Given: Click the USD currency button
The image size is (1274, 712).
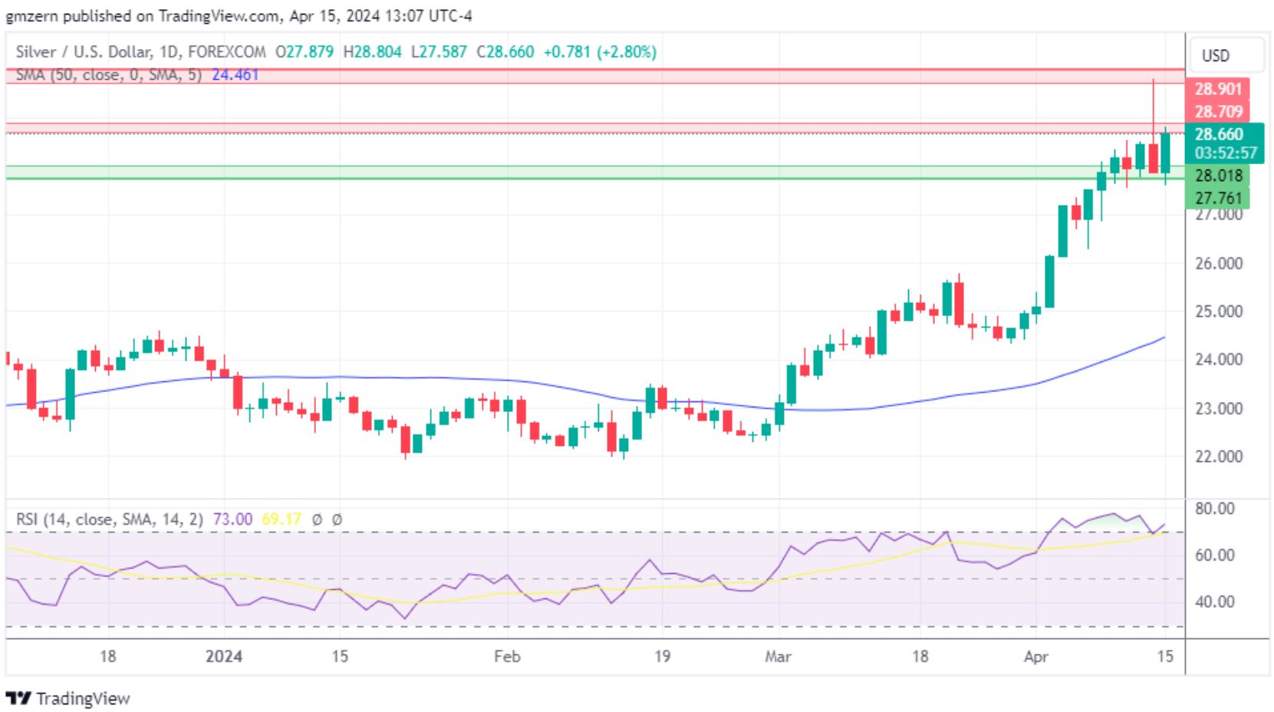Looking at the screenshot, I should coord(1225,55).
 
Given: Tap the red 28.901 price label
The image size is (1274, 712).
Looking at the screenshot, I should coord(1218,88).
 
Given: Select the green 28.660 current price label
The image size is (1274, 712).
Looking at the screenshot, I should coord(1218,134).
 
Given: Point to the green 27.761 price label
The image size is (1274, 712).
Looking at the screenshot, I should coord(1218,198).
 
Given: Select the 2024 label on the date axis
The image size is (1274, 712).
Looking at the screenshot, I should coord(224,656).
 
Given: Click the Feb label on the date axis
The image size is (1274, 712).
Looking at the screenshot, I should coord(506,656).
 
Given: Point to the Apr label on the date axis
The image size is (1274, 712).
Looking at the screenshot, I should coord(1036,656).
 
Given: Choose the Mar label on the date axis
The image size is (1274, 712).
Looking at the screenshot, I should coord(779,656).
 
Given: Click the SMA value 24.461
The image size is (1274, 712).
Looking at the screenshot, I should coord(235,74).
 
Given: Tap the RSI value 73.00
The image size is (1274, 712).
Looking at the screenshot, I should coord(232,519).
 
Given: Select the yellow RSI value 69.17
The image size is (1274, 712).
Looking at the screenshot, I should coord(281,519).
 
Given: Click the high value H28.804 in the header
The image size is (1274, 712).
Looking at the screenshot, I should coord(372,52).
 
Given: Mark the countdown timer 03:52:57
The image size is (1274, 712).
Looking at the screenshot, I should coord(1225,153).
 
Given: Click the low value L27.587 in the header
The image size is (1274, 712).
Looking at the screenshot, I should coord(439,52).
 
